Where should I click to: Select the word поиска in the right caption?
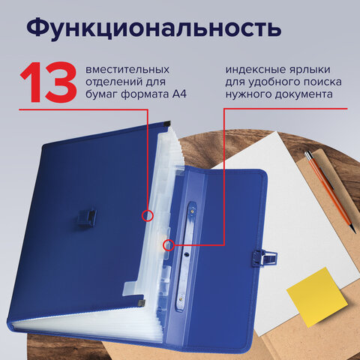click(317, 82)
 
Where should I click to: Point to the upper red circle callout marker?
click(147, 216)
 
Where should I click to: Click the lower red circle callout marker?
click(169, 244)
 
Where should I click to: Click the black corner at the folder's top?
click(166, 121)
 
